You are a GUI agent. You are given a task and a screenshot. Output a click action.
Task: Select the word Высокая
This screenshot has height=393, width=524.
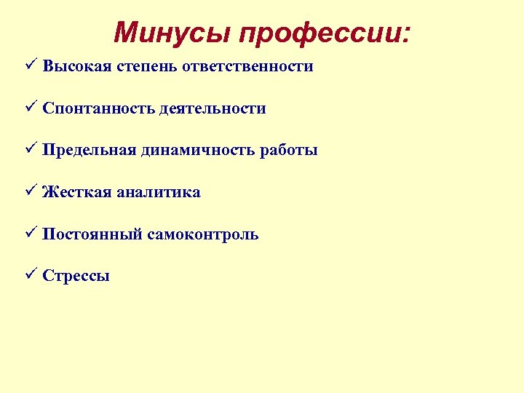tap(76, 66)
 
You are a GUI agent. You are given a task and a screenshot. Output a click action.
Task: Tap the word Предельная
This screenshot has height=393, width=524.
tap(89, 151)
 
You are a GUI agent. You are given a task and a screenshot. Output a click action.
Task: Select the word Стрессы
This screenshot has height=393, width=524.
tap(76, 277)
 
